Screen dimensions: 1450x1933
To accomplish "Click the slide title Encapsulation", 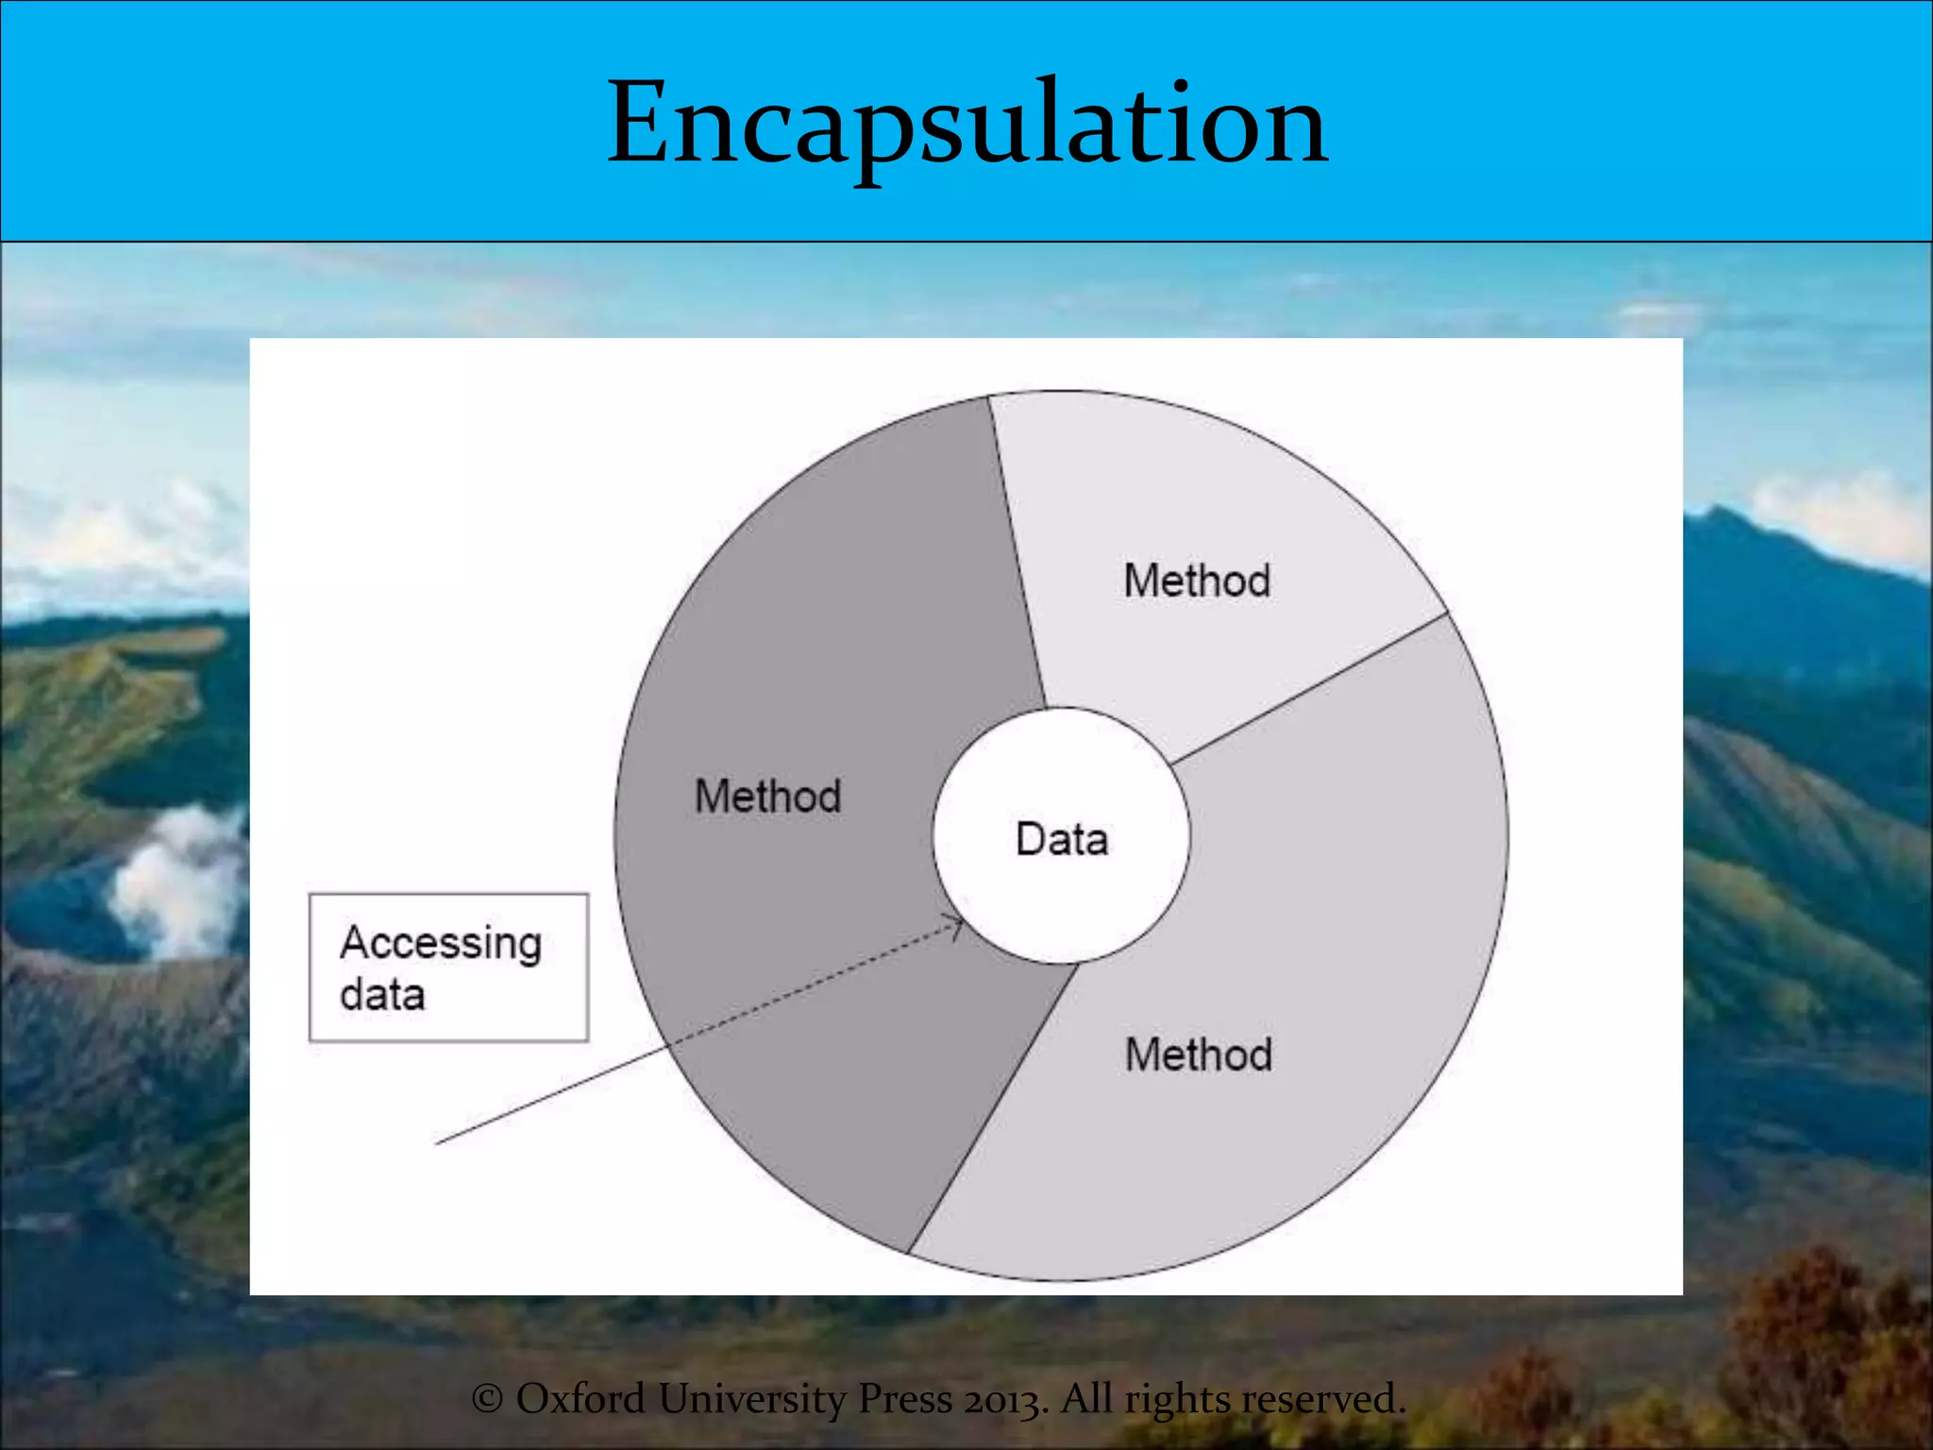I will [x=967, y=123].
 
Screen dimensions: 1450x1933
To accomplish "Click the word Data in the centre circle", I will [x=1062, y=839].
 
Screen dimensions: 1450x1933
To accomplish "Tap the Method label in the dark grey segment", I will [x=767, y=796].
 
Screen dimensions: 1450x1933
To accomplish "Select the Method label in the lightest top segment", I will [x=1197, y=580].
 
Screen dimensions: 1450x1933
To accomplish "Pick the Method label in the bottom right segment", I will [x=1199, y=1054].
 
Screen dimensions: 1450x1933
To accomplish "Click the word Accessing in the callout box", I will [x=441, y=943].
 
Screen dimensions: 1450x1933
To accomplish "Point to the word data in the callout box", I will [x=382, y=995].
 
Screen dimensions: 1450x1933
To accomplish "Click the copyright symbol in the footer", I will [x=486, y=1398].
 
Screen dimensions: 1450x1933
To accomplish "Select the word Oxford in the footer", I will [x=580, y=1398].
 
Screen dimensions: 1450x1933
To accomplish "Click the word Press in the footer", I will [x=904, y=1398].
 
